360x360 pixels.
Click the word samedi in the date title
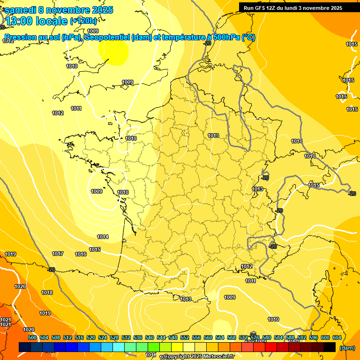(20, 10)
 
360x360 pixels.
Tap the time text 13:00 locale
(37, 21)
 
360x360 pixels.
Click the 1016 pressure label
(81, 254)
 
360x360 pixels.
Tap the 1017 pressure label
(58, 254)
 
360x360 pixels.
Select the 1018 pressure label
(47, 292)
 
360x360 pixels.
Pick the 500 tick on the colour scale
(32, 337)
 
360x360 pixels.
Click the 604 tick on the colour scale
(337, 337)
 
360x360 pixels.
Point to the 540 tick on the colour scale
(150, 337)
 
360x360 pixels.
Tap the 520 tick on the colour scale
(91, 337)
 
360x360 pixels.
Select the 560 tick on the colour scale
(208, 337)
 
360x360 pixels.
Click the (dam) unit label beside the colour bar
(347, 347)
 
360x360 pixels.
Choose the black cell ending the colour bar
(330, 347)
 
